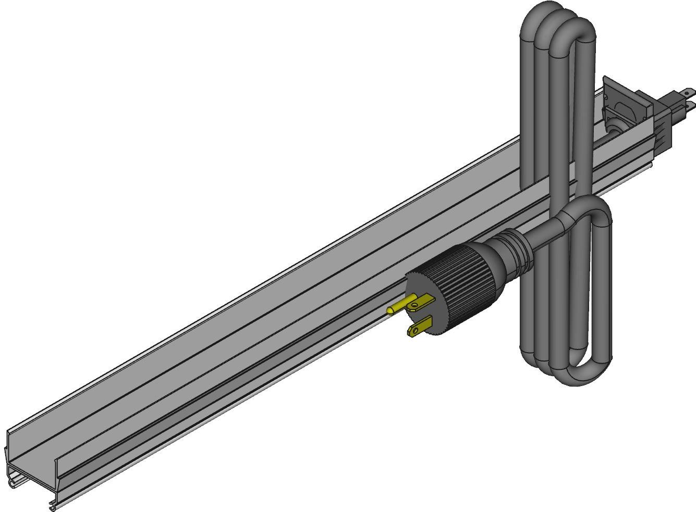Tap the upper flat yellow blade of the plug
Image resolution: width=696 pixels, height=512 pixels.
(x=423, y=303)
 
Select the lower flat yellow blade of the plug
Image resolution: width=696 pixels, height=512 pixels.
(x=420, y=327)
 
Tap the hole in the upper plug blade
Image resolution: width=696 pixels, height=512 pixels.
(x=415, y=299)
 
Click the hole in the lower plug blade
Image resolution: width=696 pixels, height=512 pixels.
(x=414, y=329)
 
